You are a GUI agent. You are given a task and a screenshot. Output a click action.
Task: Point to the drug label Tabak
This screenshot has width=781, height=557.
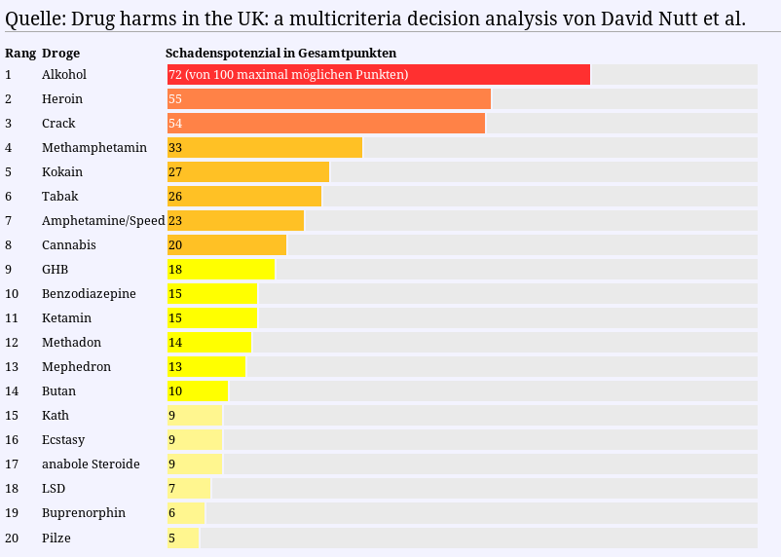point(60,197)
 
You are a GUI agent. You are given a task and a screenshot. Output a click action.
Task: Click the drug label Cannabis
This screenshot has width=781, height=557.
point(69,245)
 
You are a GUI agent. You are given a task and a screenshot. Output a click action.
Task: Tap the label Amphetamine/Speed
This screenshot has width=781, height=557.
point(103,221)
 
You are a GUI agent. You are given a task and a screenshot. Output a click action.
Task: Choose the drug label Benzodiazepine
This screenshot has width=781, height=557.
point(89,294)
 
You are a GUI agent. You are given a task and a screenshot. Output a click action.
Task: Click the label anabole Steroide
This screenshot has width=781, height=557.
point(91,464)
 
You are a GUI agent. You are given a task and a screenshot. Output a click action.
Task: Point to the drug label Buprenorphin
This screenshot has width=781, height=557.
point(84,513)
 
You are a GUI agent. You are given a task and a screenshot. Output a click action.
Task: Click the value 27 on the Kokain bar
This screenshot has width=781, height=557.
point(175,172)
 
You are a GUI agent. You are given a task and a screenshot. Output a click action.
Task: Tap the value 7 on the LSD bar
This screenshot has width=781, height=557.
point(172,489)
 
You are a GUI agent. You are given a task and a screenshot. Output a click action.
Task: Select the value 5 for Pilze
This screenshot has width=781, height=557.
point(172,538)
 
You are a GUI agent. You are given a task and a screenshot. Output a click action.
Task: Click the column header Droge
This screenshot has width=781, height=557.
point(61,53)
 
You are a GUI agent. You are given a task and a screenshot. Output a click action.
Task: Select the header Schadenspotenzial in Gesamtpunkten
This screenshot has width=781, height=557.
point(280,53)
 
